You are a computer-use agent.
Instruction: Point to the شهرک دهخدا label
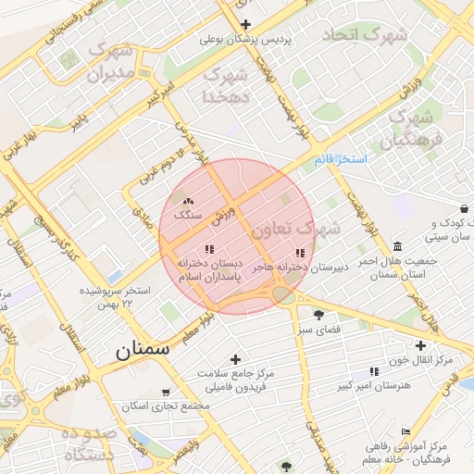click(225, 84)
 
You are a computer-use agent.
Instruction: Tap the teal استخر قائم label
click(340, 159)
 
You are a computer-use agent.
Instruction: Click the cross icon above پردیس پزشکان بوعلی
click(245, 24)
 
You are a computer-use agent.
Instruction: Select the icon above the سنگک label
click(188, 200)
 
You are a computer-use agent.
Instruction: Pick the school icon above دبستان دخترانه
click(208, 249)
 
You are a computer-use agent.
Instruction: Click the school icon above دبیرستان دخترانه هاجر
click(299, 253)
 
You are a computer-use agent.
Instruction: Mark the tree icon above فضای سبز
click(319, 315)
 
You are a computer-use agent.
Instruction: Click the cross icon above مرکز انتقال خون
click(419, 344)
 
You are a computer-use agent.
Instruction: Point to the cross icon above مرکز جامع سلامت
click(235, 358)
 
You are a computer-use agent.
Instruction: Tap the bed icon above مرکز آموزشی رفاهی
click(405, 432)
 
